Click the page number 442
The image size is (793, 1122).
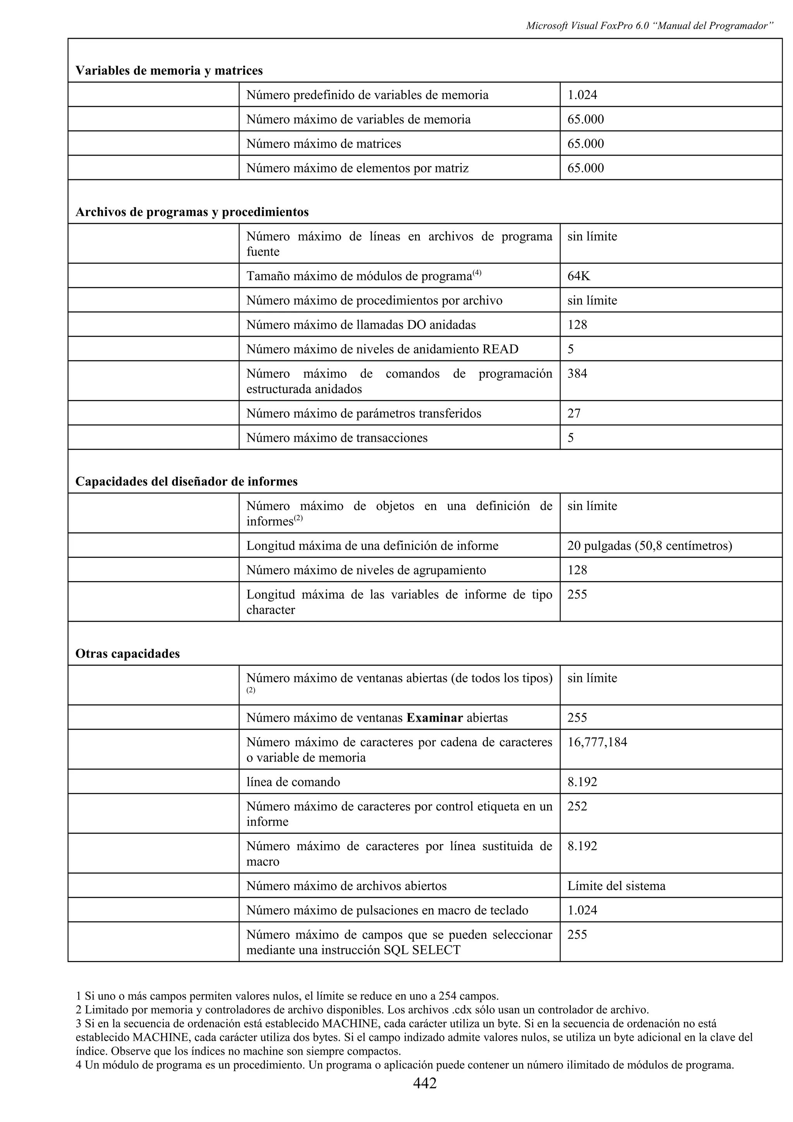[425, 1083]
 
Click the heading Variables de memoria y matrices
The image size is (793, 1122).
[169, 71]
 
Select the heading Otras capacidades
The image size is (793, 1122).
[127, 654]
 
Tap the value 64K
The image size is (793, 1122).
[578, 276]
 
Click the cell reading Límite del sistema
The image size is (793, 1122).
[616, 886]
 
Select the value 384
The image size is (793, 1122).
[577, 374]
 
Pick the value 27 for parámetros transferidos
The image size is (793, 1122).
[574, 413]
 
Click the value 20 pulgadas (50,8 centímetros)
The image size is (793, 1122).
[649, 546]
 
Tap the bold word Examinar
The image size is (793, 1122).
[435, 718]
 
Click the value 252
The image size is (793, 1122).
[577, 806]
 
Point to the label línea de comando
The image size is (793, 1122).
[293, 782]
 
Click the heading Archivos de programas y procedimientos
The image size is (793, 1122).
[192, 212]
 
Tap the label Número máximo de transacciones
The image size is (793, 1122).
[336, 438]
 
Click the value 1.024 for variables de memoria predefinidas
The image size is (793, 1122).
[582, 95]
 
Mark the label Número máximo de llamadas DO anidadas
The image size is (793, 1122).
[360, 325]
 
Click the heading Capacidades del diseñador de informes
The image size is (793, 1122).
[186, 482]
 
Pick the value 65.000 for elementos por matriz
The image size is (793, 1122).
[585, 168]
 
